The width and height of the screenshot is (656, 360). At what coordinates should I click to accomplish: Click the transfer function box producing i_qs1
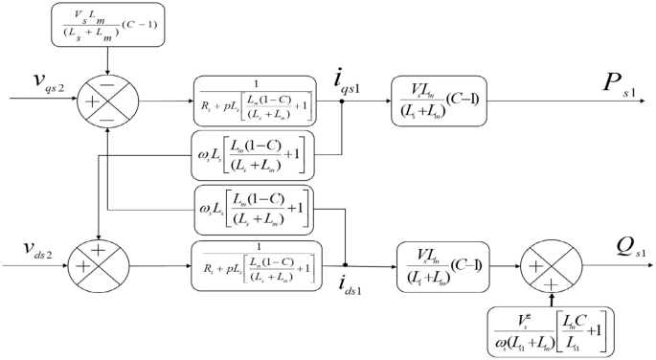tap(255, 100)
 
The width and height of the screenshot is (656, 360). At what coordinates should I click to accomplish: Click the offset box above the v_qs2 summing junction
tap(110, 29)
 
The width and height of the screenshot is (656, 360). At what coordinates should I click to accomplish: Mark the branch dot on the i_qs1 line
tap(343, 100)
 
